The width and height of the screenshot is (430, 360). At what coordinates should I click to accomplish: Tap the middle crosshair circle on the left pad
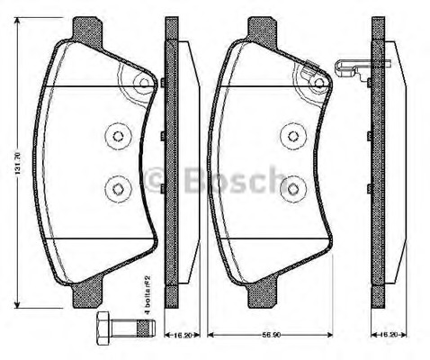click(x=117, y=136)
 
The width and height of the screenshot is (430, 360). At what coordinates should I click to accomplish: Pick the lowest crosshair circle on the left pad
click(x=117, y=188)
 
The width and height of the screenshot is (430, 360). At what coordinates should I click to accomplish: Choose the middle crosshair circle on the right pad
click(x=291, y=136)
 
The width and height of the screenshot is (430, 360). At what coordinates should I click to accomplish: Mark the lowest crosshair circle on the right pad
click(x=291, y=188)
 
